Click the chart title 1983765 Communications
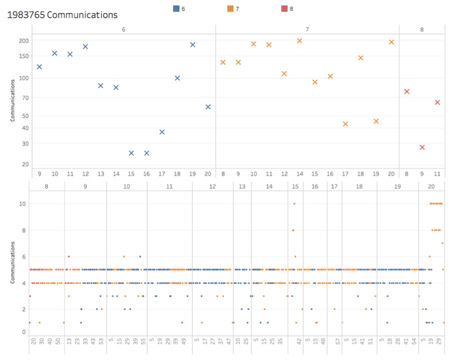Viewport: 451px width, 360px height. (62, 14)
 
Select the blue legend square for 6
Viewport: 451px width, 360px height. (176, 9)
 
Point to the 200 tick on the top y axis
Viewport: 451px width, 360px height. (23, 41)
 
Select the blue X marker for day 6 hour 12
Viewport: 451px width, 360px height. (85, 46)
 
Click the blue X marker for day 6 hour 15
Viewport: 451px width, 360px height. (131, 153)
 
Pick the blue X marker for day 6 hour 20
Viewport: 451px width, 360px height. (208, 107)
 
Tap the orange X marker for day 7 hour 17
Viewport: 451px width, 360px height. (345, 124)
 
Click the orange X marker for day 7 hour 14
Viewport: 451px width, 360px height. (299, 41)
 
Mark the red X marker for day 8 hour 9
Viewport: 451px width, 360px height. (422, 148)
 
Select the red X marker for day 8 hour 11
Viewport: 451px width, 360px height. (437, 102)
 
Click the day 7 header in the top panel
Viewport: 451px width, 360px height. (307, 29)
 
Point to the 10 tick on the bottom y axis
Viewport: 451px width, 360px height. (23, 204)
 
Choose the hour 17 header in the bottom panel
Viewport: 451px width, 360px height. (333, 186)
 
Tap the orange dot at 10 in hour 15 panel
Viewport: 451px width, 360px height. (294, 204)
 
